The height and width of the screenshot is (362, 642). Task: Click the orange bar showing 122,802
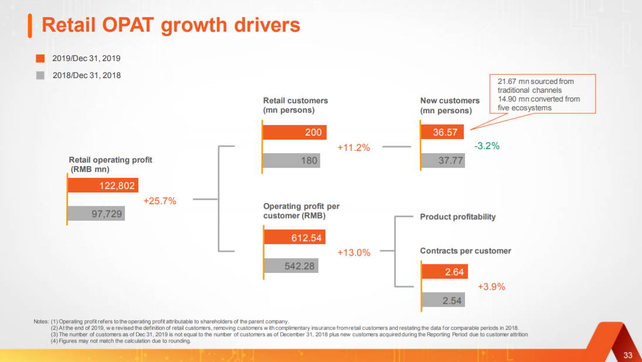click(x=103, y=186)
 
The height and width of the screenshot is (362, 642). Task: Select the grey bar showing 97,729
click(x=96, y=214)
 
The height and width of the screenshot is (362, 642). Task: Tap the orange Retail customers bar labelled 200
click(x=294, y=132)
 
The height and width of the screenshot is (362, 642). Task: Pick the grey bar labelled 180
click(x=291, y=160)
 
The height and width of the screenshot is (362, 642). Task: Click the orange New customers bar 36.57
click(x=443, y=132)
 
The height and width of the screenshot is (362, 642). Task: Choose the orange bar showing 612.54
click(x=294, y=238)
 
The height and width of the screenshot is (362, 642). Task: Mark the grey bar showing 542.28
click(x=291, y=266)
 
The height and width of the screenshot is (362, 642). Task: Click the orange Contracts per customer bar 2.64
click(x=444, y=272)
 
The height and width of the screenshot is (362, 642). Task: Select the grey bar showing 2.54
click(x=444, y=300)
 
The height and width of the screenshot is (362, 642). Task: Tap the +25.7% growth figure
click(x=159, y=201)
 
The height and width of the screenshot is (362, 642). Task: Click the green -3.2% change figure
click(x=487, y=146)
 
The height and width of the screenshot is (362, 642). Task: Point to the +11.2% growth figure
click(x=354, y=148)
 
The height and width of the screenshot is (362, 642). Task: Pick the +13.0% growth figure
click(x=354, y=253)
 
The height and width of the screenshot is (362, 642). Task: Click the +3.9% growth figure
click(x=491, y=287)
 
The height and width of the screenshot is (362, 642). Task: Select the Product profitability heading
click(x=457, y=217)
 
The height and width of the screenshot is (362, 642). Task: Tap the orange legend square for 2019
click(x=40, y=59)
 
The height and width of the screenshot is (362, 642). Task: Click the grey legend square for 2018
click(x=40, y=75)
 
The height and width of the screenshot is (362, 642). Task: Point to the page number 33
click(x=628, y=355)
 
